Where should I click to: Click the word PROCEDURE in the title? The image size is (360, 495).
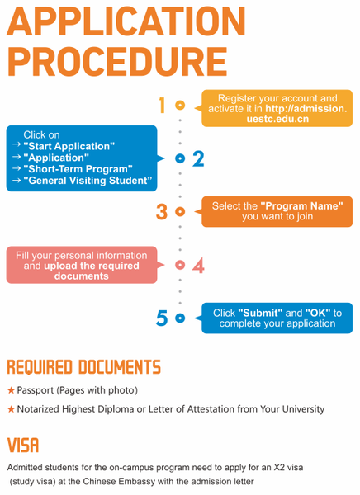(116, 62)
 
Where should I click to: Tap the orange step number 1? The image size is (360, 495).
(162, 105)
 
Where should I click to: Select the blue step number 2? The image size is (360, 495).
(198, 158)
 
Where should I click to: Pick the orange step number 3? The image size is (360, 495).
(162, 211)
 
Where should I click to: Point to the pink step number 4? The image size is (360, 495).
(198, 265)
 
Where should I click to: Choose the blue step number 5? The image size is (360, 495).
(162, 318)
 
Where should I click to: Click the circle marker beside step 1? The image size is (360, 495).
(180, 105)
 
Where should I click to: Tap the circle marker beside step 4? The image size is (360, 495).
(180, 265)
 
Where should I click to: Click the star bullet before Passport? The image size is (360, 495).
(11, 389)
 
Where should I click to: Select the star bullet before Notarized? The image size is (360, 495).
(11, 409)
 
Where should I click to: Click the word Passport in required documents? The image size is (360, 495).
(37, 389)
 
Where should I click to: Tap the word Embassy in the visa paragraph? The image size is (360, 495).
(145, 480)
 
